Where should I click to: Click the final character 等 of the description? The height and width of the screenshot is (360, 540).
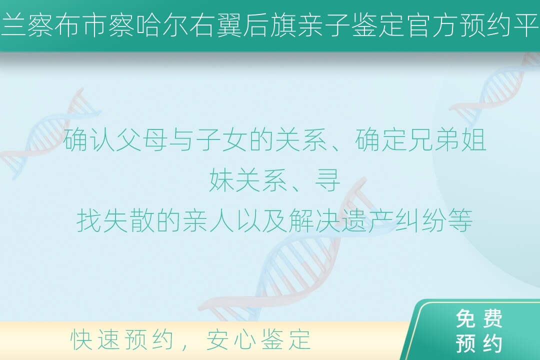[460, 220]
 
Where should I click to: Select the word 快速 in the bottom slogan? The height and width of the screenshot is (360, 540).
[95, 339]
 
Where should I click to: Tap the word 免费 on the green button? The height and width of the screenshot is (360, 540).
[479, 318]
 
